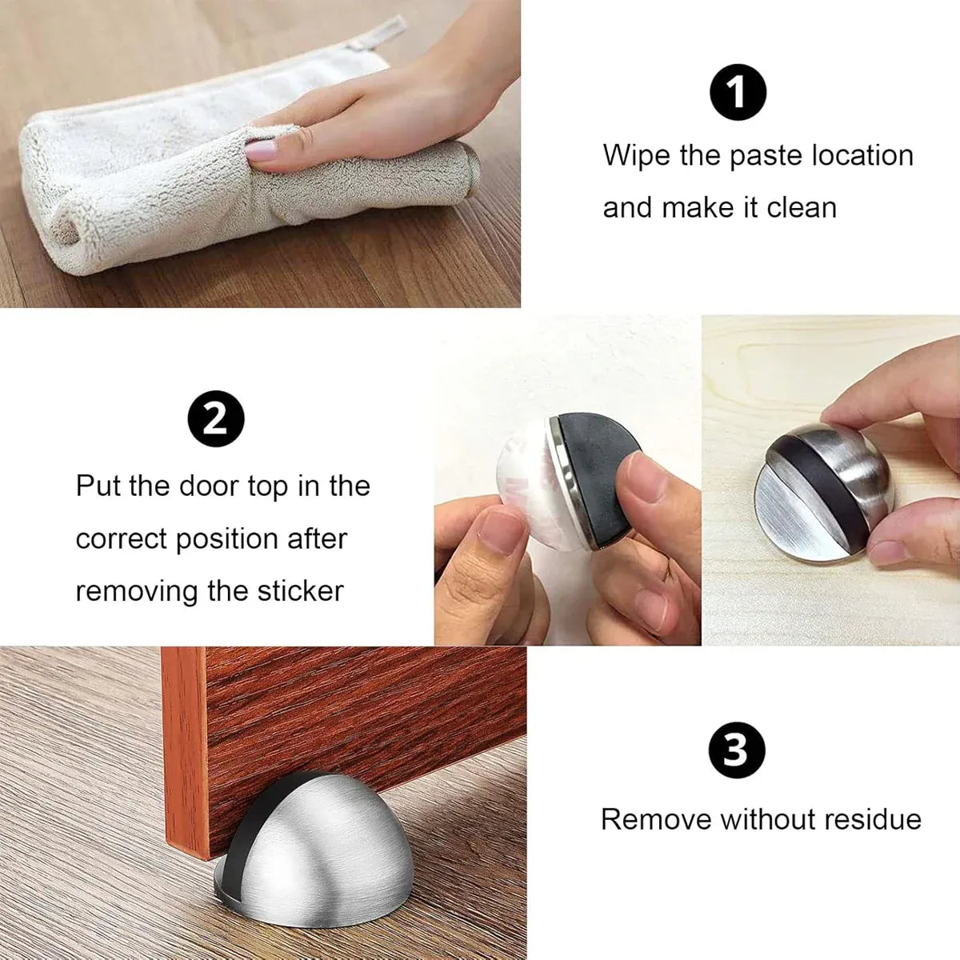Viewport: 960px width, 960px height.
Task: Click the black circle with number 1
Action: coord(738,92)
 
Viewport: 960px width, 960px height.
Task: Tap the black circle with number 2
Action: coord(216,419)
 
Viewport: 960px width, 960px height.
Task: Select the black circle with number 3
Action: coord(736,750)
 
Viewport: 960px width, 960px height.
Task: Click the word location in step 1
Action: coord(862,155)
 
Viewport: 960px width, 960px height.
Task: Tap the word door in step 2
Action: coord(210,486)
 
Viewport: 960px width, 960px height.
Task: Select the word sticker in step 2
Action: coord(301,591)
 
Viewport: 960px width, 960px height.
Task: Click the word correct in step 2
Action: coord(121,538)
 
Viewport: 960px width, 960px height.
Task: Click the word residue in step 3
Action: coord(871,819)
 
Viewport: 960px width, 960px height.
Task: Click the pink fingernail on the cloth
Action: coord(261,150)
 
